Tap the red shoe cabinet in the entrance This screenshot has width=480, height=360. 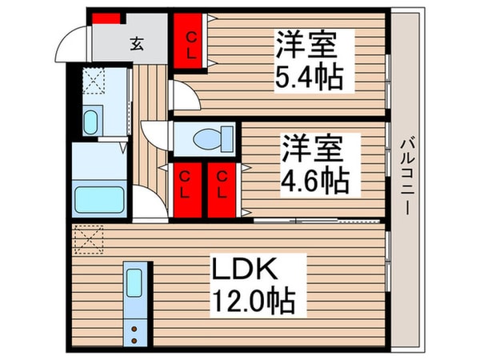(106, 18)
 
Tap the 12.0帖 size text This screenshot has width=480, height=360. (254, 302)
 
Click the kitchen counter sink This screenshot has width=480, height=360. (134, 283)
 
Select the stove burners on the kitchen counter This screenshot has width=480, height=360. (135, 330)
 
